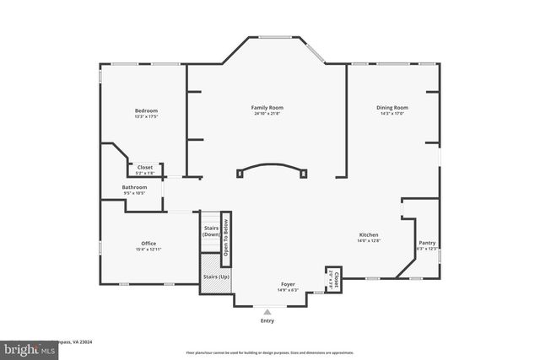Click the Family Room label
[267, 108]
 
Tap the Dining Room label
[391, 108]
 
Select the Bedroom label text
[146, 111]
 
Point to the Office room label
[148, 243]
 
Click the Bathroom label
[134, 187]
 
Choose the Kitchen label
[367, 235]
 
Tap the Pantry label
[427, 243]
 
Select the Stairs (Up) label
[216, 277]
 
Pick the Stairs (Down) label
[211, 230]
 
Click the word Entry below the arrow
[267, 320]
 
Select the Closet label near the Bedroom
[145, 167]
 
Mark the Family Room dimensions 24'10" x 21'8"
[267, 115]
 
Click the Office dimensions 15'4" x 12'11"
[148, 250]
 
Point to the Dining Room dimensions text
[391, 115]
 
